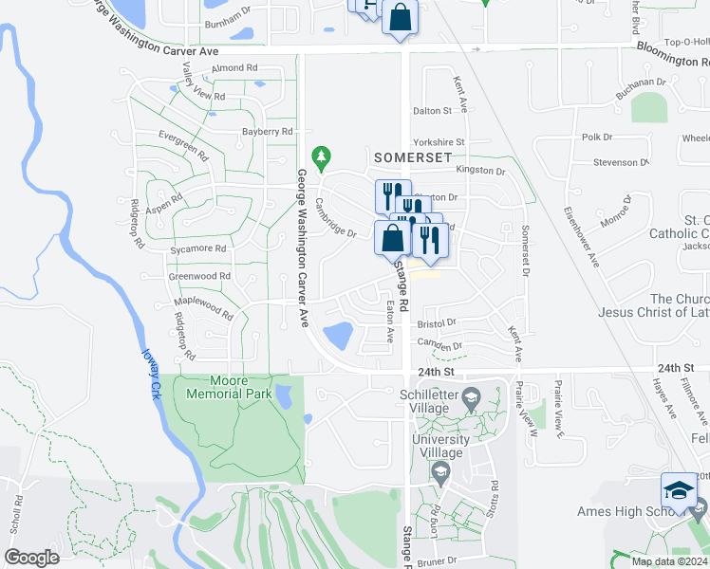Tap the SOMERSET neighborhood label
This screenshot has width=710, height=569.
pos(416,156)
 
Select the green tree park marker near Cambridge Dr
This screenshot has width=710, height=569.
pos(322,155)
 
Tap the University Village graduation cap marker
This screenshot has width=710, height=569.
pos(440,471)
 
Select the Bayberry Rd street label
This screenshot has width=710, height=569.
pos(267,132)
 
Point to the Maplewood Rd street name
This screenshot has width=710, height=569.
pos(202,309)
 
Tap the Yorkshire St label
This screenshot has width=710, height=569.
pos(439,142)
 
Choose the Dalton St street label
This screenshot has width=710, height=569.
pos(432,111)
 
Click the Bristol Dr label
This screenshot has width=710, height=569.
pos(437,322)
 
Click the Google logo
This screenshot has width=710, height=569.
pos(32,557)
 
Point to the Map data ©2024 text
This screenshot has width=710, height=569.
pos(670,561)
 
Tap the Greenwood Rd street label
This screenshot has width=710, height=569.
pos(199,276)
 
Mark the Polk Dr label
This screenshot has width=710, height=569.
pos(597,138)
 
